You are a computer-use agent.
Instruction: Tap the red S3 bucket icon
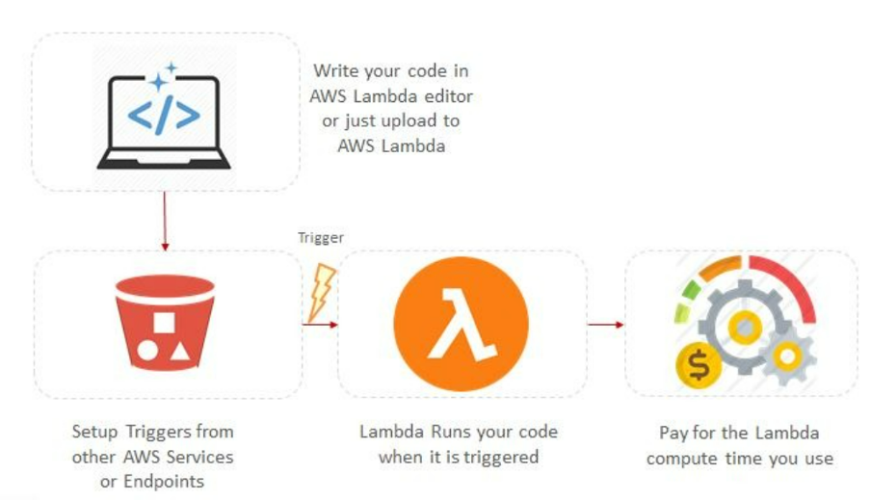click(164, 323)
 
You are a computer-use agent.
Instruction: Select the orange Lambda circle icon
click(461, 323)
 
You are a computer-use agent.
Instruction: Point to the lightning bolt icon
click(321, 292)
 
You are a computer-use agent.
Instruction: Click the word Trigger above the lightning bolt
click(320, 238)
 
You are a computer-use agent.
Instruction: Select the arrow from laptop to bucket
click(164, 221)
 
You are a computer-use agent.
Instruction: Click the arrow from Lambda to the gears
click(605, 324)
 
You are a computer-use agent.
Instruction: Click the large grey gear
click(742, 328)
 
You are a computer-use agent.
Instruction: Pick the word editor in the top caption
click(446, 96)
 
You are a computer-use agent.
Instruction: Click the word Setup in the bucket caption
click(96, 431)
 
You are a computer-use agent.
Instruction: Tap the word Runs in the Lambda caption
click(442, 431)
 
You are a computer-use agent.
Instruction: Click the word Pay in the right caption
click(673, 433)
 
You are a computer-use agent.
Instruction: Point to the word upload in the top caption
click(412, 121)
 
